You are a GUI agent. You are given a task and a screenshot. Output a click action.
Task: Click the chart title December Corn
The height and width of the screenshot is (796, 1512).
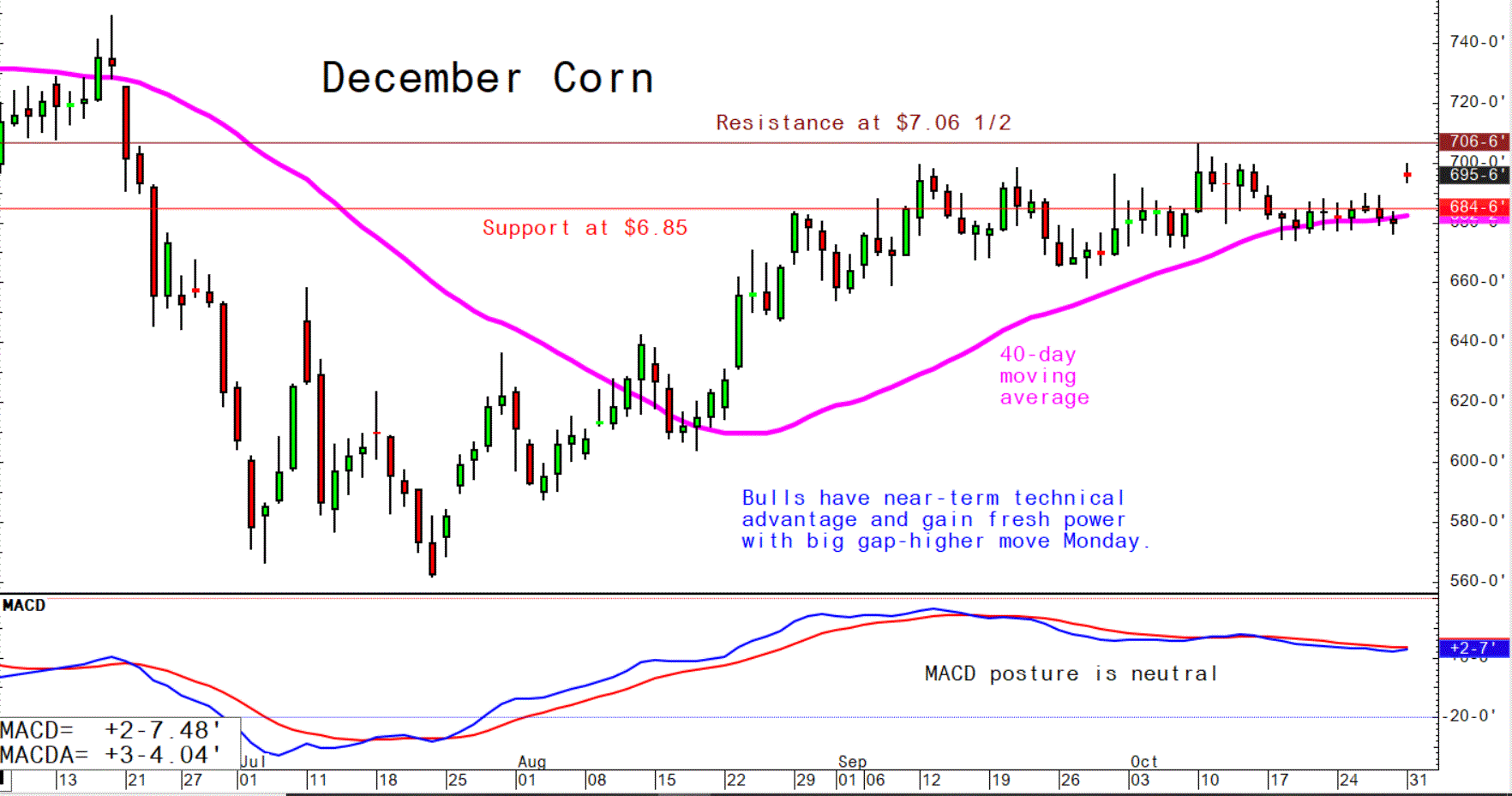coord(487,79)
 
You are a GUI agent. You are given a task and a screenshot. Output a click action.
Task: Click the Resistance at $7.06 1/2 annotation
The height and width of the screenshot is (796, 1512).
coord(863,123)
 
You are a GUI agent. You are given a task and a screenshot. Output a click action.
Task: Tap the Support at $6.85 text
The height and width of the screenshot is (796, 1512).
coord(585,228)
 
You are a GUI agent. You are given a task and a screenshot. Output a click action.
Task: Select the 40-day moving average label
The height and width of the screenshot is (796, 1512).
coord(1044,376)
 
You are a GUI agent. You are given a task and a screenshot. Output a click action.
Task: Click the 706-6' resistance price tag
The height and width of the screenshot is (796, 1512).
coord(1474,141)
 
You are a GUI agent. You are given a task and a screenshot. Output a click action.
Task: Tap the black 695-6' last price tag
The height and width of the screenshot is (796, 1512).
coord(1474,175)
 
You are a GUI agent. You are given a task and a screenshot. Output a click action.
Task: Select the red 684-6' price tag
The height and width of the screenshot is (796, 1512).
coord(1474,207)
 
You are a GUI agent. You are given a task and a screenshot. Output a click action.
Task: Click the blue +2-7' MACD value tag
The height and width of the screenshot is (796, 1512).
coord(1473,649)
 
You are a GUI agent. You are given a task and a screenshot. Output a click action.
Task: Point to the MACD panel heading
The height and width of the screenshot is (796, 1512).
coord(24,606)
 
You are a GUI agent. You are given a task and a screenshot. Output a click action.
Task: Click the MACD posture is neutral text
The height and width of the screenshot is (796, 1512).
coord(1071,673)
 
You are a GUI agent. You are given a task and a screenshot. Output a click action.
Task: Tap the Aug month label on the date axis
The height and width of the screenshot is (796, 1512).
coord(531,762)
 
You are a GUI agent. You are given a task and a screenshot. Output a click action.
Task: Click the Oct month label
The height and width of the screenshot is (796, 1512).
coord(1143,762)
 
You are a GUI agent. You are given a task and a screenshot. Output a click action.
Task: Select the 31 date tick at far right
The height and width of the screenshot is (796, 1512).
coord(1418,780)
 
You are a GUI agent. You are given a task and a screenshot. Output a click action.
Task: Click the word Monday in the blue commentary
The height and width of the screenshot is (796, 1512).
coord(1101,542)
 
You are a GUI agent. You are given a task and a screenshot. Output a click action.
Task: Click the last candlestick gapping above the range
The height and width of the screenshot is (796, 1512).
coord(1407,174)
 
